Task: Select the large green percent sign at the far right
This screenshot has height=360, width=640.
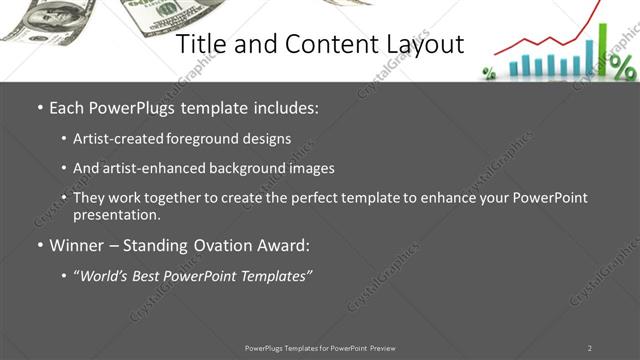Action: coord(622,67)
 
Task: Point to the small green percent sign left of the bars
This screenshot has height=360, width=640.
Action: coord(489,72)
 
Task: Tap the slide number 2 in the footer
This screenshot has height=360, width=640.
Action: coord(589,348)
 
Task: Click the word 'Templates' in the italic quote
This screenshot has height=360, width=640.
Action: coord(272,275)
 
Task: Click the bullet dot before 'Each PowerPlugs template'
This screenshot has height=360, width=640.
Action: coord(39,108)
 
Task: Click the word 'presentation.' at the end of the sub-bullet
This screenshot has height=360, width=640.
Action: coord(116,214)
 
